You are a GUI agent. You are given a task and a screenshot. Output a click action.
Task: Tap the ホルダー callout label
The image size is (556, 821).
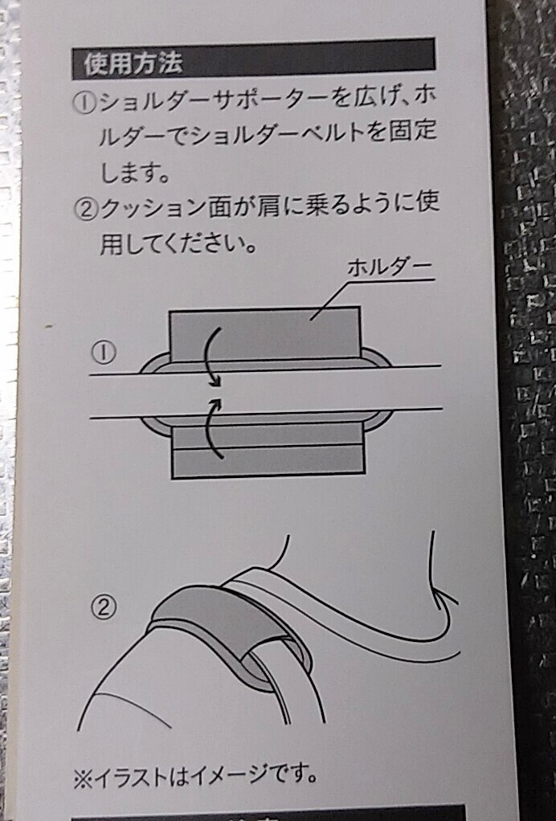click(x=389, y=268)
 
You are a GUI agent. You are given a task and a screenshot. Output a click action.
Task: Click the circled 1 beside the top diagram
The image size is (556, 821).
click(x=104, y=353)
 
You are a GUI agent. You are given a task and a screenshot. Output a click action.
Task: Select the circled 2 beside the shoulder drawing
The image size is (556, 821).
click(x=104, y=607)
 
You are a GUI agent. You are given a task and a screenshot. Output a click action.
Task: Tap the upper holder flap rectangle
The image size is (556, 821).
click(x=265, y=333)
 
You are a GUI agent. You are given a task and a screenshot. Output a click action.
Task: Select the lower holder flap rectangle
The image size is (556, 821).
click(x=268, y=451)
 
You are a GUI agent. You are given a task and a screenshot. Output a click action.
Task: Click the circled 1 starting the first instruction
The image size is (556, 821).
click(x=84, y=102)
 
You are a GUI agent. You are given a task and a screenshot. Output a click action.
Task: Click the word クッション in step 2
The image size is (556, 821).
click(x=153, y=208)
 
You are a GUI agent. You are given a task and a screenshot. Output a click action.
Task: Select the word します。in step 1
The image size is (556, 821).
click(x=135, y=172)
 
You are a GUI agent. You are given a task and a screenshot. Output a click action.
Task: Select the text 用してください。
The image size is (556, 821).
click(x=178, y=243)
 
